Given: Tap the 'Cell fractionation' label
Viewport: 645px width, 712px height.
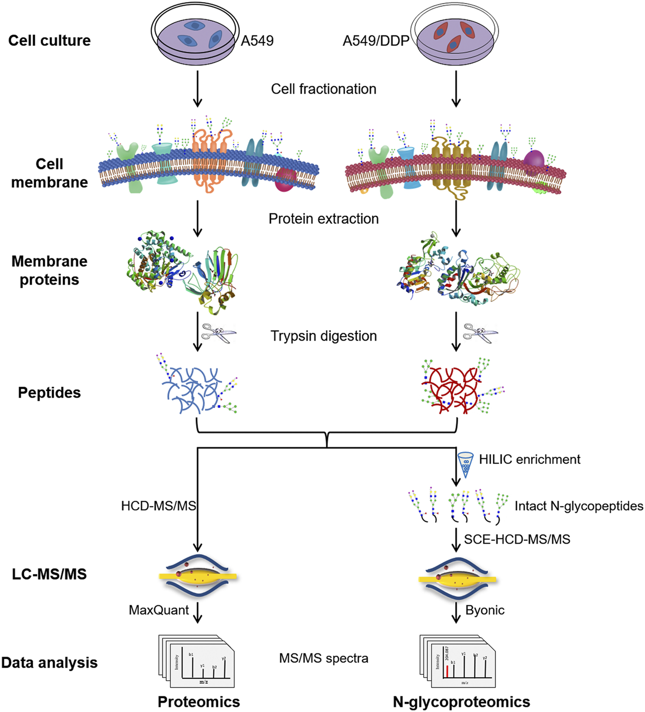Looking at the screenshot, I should coord(323,89).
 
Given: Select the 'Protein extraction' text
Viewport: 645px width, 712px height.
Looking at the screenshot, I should coord(323,219).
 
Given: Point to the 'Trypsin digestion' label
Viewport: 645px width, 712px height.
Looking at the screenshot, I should coord(323,336).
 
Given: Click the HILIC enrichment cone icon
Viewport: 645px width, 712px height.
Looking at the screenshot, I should coord(465,464).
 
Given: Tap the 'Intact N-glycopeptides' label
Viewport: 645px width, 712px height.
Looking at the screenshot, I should coord(579,506).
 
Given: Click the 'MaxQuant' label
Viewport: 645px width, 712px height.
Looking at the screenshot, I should coord(159,610).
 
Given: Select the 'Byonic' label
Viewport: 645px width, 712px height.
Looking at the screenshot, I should coord(485,610).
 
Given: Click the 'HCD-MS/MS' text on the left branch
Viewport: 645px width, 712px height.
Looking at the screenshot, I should coord(159,506).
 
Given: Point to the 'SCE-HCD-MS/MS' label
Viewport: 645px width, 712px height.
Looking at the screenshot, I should coord(517,539).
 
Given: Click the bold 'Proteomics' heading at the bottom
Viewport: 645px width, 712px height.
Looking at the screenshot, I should coord(198,702).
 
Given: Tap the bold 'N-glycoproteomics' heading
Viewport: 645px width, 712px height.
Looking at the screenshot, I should coord(461,702).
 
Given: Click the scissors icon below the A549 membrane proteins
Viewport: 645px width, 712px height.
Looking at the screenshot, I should coord(219,333).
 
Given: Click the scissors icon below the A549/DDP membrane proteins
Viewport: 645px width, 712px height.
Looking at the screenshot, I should coord(480,333).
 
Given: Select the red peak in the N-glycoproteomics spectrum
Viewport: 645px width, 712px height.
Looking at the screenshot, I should coord(447,671).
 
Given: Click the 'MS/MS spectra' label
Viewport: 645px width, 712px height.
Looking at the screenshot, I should coord(323,658).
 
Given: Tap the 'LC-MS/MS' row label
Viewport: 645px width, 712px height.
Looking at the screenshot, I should coord(49,574).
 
